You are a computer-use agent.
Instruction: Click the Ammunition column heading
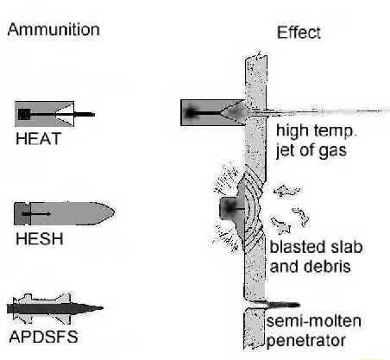click(x=53, y=30)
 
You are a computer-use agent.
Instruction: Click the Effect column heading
click(x=299, y=33)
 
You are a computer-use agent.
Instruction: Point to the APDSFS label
click(x=43, y=336)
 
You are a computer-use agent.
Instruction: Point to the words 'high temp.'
click(x=308, y=130)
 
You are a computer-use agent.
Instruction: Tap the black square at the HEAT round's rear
click(x=24, y=113)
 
